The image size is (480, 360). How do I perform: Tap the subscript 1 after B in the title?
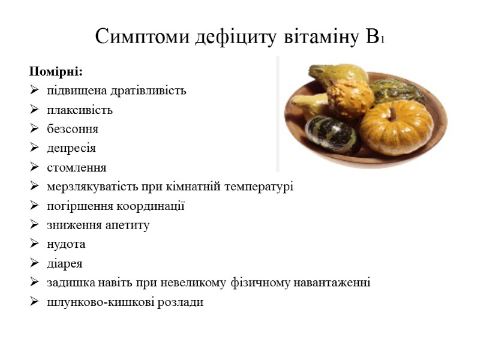tap(382, 41)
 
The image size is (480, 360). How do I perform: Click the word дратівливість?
tap(149, 91)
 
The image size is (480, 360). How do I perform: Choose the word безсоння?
tap(73, 130)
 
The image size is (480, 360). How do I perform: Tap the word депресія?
tap(71, 148)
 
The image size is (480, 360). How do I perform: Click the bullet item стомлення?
tap(77, 167)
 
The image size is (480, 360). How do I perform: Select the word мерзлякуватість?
tap(94, 187)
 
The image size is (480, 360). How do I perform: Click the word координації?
tap(150, 206)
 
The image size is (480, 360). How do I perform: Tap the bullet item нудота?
tap(66, 244)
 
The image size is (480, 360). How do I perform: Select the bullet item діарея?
tap(65, 263)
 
